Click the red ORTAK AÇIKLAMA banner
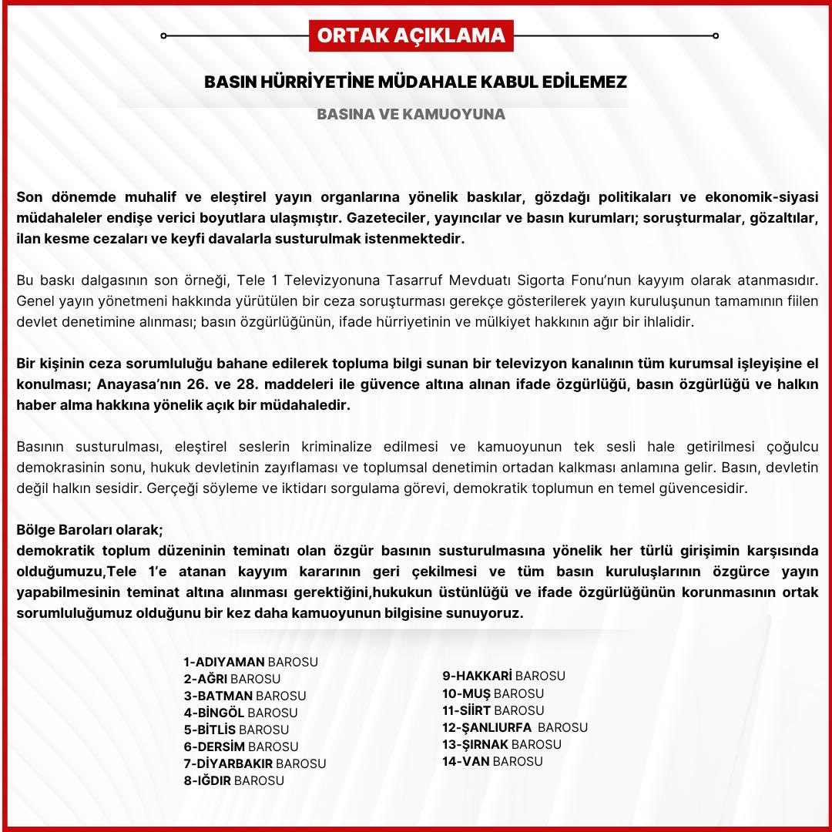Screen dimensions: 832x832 [x=411, y=35]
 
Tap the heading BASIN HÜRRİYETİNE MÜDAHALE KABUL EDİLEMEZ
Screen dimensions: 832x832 [x=415, y=82]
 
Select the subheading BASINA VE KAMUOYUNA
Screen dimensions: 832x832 [x=411, y=114]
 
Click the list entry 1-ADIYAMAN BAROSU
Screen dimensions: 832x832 [x=250, y=662]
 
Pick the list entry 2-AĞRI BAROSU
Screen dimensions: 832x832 [x=232, y=679]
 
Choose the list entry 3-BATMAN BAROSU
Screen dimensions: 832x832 [x=244, y=696]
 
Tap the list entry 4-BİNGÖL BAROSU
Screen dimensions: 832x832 [x=240, y=713]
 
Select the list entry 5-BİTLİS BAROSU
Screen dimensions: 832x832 [x=236, y=730]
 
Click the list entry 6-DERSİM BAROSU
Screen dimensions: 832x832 [x=240, y=746]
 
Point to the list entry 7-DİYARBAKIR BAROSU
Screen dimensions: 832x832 [x=254, y=763]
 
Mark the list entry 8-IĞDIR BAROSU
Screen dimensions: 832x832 [x=233, y=780]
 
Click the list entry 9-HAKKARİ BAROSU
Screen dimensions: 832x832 [x=504, y=676]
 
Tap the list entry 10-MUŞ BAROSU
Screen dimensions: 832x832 [x=493, y=693]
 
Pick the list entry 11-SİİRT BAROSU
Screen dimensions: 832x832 [x=493, y=710]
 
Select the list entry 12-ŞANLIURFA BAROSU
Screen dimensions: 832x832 [x=515, y=727]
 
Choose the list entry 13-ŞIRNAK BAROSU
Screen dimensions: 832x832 [x=502, y=744]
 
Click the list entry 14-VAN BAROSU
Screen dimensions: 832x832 [x=492, y=761]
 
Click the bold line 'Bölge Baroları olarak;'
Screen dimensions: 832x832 [x=90, y=531]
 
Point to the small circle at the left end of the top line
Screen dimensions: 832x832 [x=164, y=35]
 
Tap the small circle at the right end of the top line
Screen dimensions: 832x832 [x=716, y=35]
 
